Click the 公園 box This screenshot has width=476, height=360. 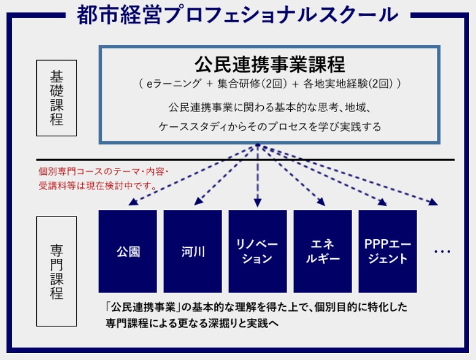[128, 251]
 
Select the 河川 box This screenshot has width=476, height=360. [193, 251]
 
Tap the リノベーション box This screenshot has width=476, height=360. [258, 251]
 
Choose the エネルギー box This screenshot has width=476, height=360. [323, 251]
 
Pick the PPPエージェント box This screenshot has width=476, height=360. [388, 251]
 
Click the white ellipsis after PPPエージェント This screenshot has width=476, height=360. [442, 251]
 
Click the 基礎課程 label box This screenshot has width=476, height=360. [56, 98]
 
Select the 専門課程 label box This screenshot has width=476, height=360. [56, 271]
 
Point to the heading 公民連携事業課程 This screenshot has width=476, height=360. [270, 64]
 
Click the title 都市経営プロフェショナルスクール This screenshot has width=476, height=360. [238, 15]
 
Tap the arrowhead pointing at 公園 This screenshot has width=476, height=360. [133, 202]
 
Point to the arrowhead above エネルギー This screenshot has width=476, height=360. [321, 201]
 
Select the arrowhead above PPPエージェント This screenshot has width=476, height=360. [382, 202]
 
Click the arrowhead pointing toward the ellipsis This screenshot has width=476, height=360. [433, 202]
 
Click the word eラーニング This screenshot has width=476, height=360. [174, 83]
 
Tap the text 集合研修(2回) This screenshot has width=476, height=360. [252, 83]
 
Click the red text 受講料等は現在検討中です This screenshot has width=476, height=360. [97, 186]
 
